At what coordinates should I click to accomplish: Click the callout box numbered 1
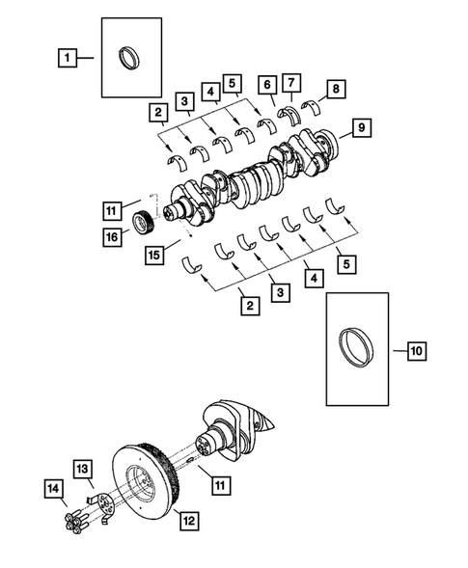point(67,58)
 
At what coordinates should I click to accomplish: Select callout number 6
point(266,85)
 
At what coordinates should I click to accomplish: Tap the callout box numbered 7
point(292,85)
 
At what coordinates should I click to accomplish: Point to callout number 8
point(335,92)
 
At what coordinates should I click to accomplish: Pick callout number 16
point(114,234)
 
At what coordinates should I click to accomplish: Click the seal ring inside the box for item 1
point(127,58)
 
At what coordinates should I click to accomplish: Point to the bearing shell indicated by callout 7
point(290,113)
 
